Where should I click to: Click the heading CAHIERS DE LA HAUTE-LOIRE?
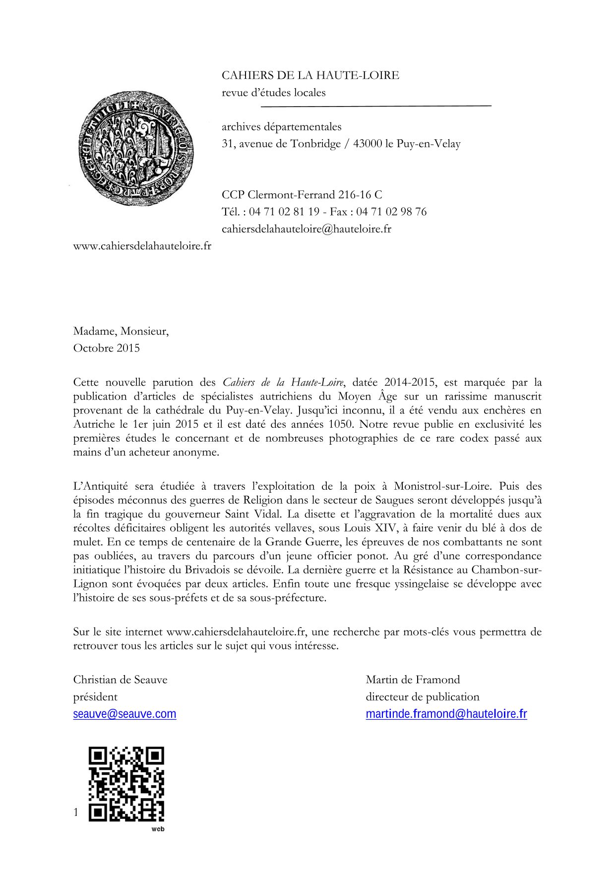pos(310,75)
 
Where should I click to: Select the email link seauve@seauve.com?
pos(124,714)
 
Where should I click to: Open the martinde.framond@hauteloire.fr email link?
pos(446,714)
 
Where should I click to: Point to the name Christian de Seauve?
pos(120,680)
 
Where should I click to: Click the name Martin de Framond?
pos(413,680)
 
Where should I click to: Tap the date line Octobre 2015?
pos(107,348)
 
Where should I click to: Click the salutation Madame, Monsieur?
pos(121,331)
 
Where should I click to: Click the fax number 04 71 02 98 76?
pos(391,212)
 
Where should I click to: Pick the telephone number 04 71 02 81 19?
pos(284,212)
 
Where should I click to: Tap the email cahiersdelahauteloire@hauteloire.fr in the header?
pos(307,229)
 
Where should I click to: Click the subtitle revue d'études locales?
pos(274,93)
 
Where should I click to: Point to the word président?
pos(95,697)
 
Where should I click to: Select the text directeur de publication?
pos(423,697)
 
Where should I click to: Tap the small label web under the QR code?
pos(158,829)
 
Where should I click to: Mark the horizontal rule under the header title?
pos(376,106)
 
